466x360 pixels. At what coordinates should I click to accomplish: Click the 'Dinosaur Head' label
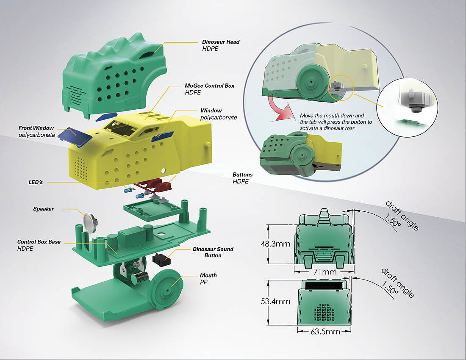tap(221, 42)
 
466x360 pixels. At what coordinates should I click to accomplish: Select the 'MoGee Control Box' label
tap(210, 86)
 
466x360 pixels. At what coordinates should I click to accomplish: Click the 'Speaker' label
tap(43, 209)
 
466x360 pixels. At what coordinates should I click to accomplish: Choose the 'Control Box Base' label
tap(39, 242)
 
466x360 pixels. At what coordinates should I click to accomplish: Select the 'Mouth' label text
tap(207, 275)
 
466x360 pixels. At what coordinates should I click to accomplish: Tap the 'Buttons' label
tap(242, 174)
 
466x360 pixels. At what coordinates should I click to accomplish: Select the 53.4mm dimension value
tap(275, 301)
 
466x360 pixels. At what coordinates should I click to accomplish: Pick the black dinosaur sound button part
tap(160, 258)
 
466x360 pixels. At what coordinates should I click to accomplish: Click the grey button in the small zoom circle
tap(411, 100)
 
